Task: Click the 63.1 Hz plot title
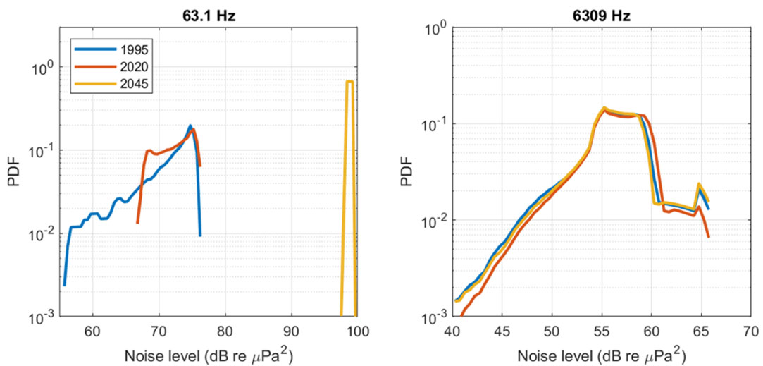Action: [209, 10]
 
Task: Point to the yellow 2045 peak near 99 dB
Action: [349, 82]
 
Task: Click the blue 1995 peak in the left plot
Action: [190, 126]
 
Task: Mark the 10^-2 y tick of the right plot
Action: [433, 221]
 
